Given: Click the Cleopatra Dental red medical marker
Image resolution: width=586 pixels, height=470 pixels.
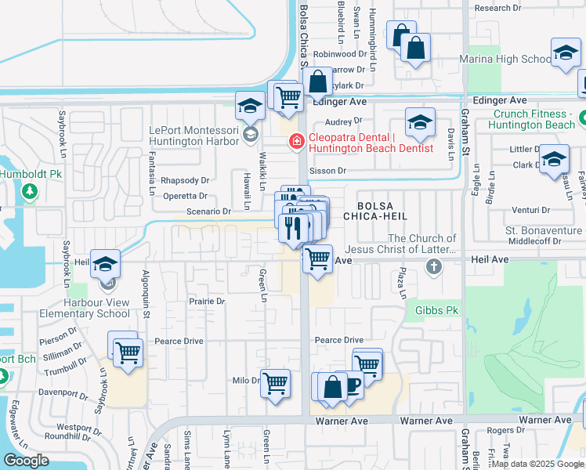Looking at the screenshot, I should [297, 142].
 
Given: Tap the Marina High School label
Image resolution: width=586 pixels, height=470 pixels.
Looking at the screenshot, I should [514, 59].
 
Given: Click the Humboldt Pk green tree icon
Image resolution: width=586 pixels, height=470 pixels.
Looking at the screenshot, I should [30, 190].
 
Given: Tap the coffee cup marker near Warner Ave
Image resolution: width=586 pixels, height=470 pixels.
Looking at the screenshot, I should [350, 385].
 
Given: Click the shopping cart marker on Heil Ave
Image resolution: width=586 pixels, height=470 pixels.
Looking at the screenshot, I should [317, 258].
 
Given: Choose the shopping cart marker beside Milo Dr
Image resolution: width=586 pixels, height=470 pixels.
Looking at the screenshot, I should [275, 383].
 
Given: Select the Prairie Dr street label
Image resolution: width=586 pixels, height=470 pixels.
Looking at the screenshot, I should [207, 301].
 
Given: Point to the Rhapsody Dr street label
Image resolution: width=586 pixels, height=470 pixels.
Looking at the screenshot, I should [185, 180].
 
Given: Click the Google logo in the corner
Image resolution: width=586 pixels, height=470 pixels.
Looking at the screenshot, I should [27, 461].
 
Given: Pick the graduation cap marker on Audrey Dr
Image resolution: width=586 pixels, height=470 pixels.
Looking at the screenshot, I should [420, 122].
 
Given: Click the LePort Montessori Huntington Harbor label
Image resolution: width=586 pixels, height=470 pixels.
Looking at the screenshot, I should [194, 136].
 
